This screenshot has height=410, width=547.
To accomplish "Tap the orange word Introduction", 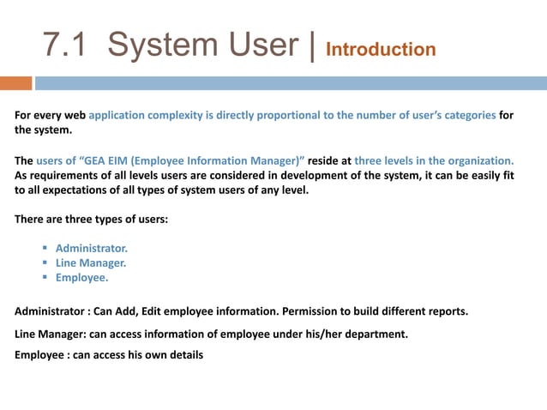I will coord(382,50).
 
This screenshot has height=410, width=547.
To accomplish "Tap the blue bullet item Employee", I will coord(81,278).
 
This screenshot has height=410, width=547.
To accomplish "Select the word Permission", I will coord(304,311).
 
